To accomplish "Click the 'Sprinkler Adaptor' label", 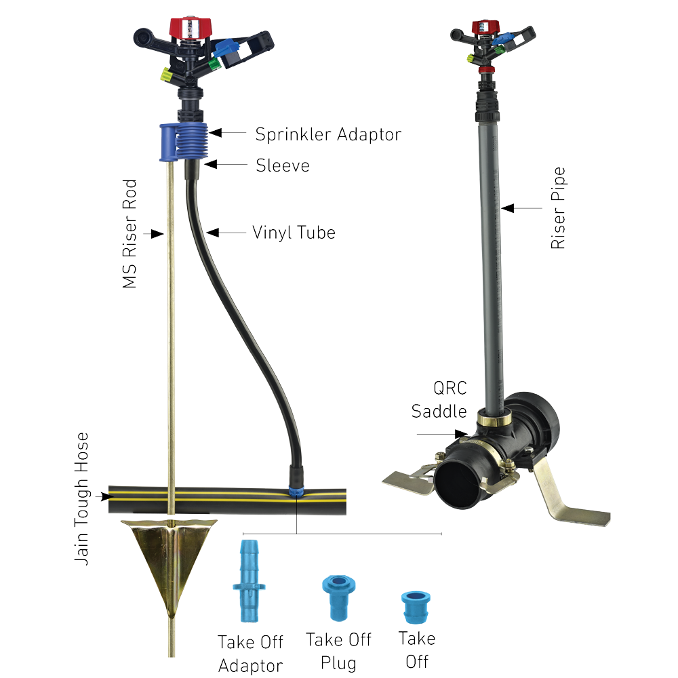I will (328, 134).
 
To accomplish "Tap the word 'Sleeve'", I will (282, 165).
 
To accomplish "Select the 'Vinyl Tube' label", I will (294, 233).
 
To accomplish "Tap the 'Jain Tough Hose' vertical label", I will (83, 499).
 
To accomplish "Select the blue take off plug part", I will (337, 596).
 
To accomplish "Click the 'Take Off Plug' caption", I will (337, 650).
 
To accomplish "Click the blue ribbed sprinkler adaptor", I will (185, 141).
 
